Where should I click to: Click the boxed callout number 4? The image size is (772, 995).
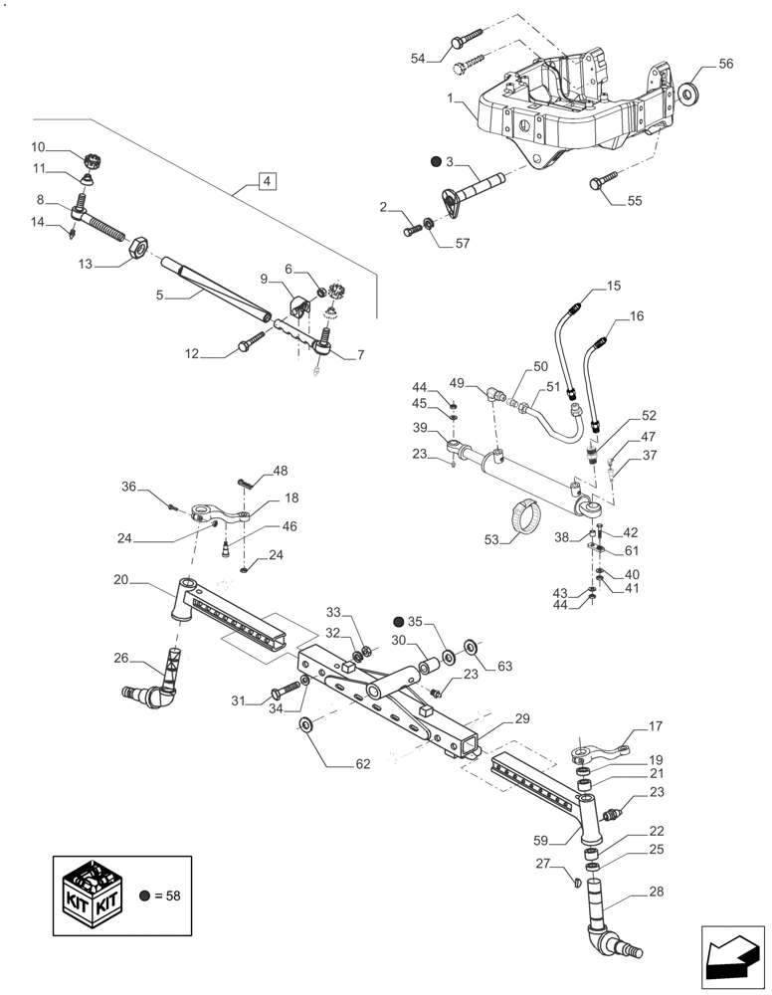point(267,181)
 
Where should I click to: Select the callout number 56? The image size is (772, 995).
point(725,64)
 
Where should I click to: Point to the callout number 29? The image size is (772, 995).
point(522,717)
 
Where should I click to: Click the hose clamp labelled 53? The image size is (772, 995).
point(529,516)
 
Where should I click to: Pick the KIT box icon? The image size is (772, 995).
point(95,895)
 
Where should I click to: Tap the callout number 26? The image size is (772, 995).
point(120,658)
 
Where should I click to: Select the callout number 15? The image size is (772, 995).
point(613,287)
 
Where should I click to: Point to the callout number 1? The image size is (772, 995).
point(451,99)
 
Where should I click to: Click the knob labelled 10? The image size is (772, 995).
point(96,160)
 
